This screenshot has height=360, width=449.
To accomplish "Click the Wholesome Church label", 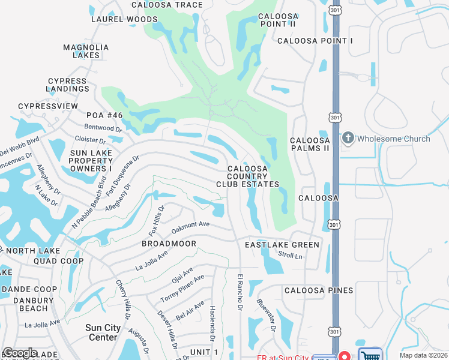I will (393, 139).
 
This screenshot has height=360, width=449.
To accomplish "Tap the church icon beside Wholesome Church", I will (348, 139).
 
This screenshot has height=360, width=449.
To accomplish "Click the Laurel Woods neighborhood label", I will (124, 19).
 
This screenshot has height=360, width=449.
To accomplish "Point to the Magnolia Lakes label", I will (86, 51).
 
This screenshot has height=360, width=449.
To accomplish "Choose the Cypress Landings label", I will (68, 85).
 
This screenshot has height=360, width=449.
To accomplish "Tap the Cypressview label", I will (48, 106).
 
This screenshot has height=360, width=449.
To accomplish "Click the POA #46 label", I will (104, 115).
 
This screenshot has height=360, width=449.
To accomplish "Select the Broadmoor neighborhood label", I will (169, 244).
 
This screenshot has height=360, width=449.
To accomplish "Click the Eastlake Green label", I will (282, 245).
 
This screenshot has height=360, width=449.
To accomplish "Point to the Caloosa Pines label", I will (319, 290).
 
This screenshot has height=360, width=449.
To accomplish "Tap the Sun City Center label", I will (103, 332).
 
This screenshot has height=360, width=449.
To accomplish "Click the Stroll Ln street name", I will (290, 255).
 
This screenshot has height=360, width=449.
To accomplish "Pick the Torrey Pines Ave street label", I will (182, 289).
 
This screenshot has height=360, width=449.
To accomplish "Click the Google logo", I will (20, 353).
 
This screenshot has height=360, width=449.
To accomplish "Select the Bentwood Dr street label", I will (103, 128).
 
